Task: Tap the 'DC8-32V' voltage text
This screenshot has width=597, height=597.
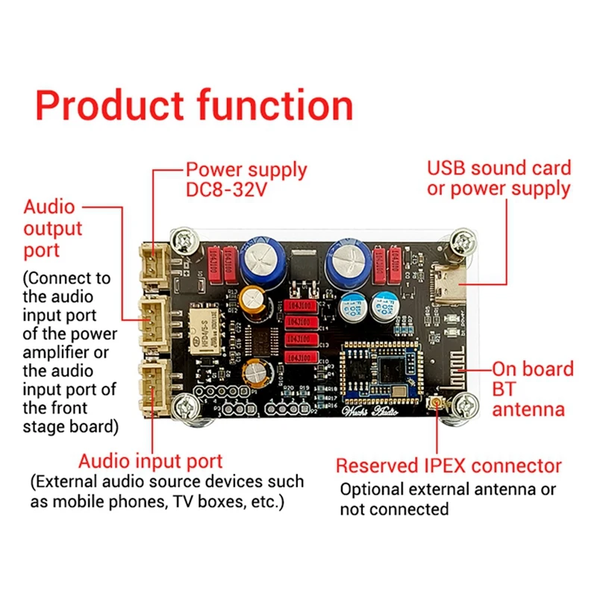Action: (227, 190)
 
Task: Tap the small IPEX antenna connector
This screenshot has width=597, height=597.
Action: (434, 404)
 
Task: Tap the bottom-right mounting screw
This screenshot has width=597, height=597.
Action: (463, 409)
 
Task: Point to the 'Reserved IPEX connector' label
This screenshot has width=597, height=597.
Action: (448, 466)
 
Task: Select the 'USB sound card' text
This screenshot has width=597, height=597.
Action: (498, 168)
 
